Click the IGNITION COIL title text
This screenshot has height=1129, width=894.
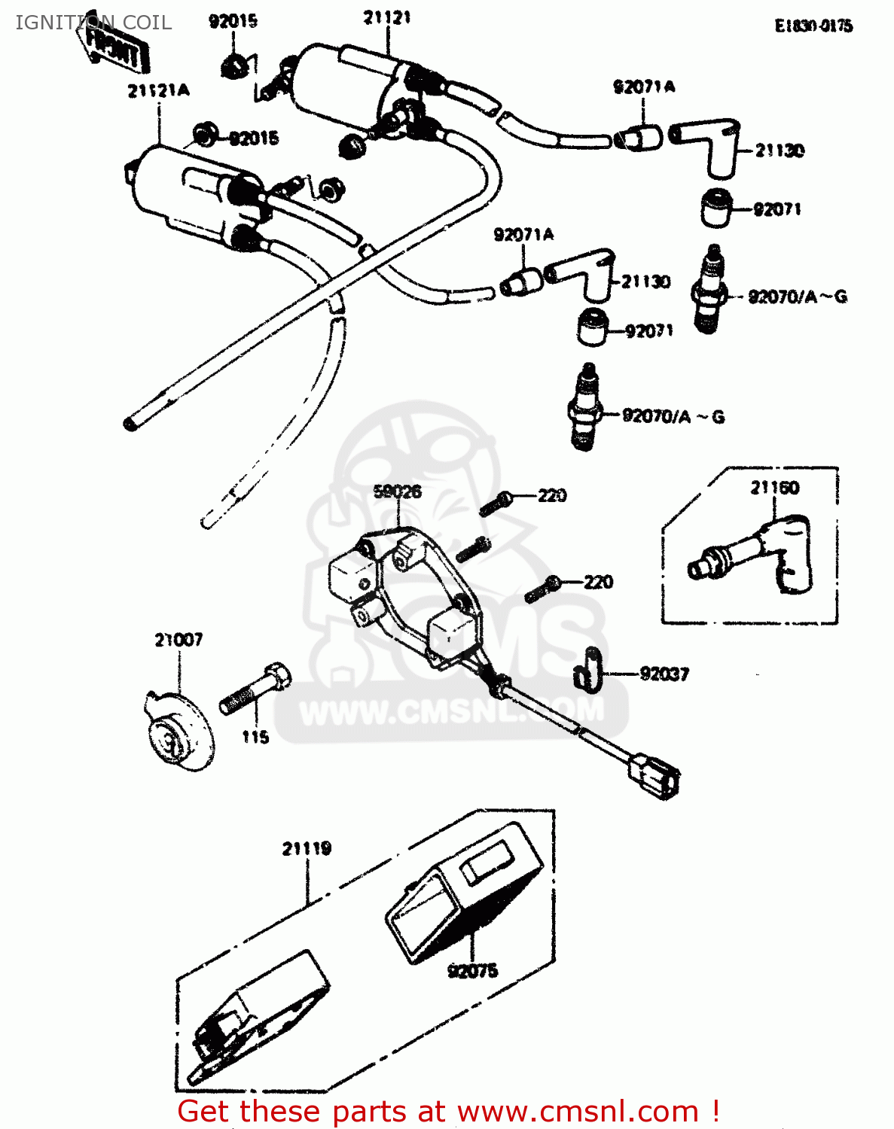(x=93, y=23)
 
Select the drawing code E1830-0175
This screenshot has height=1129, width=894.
(x=813, y=26)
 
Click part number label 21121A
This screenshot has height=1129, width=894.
(x=158, y=91)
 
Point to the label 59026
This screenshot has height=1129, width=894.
(x=397, y=492)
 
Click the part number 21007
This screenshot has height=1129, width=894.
(x=178, y=640)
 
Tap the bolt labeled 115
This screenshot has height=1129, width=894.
(x=255, y=689)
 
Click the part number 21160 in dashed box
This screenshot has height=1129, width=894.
(x=774, y=488)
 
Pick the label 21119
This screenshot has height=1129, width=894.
(x=307, y=849)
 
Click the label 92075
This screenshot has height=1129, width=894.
(x=472, y=971)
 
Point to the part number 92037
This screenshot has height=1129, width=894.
(x=664, y=674)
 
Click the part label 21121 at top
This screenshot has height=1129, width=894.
(x=387, y=17)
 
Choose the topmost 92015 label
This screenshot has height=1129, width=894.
(x=233, y=21)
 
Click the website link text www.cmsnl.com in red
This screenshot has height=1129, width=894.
(x=578, y=1111)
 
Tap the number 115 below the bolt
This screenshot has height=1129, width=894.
(x=255, y=737)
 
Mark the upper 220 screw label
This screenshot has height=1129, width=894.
(x=552, y=495)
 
